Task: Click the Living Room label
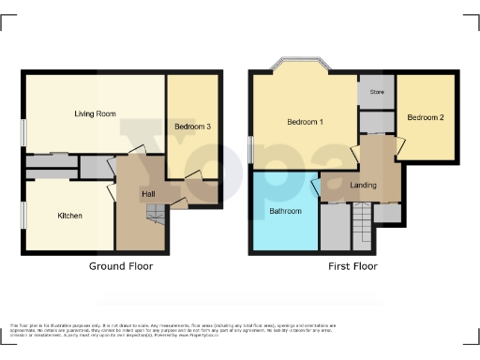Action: (x=95, y=113)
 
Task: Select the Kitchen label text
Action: (x=70, y=216)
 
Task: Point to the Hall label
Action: (x=148, y=194)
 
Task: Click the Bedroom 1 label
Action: (x=305, y=123)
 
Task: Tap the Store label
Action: (x=377, y=92)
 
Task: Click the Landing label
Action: (x=363, y=185)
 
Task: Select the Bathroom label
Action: (x=286, y=211)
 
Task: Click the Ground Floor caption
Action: (x=121, y=266)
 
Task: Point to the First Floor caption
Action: (x=352, y=266)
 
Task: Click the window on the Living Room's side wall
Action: (x=24, y=130)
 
